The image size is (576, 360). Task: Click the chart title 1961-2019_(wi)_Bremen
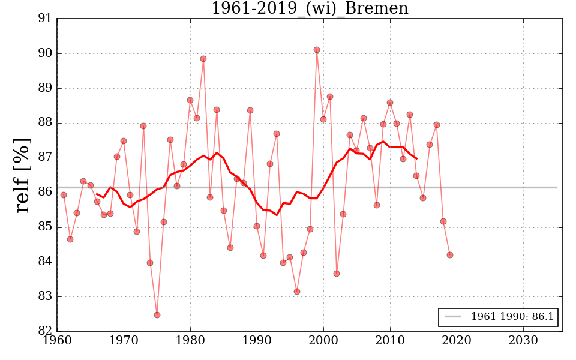coord(310,8)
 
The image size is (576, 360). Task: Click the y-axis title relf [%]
coord(23,175)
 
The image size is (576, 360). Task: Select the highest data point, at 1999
coord(317,50)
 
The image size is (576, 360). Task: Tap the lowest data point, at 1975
coord(157,315)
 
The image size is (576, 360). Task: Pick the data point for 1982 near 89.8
coord(203,59)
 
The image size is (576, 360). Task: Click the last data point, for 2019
coord(450,255)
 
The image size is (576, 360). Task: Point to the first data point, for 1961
coord(64,195)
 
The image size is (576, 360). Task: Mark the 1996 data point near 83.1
coord(297,292)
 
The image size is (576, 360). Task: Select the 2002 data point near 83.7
coord(337,274)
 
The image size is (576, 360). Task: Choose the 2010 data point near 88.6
coord(390,103)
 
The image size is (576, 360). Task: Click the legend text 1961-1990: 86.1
coord(512,316)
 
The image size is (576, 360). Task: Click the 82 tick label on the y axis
coord(44,331)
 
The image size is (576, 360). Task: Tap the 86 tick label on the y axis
coord(44,193)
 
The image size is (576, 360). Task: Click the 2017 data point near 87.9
coord(437,125)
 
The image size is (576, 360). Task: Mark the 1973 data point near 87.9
coord(143,126)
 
